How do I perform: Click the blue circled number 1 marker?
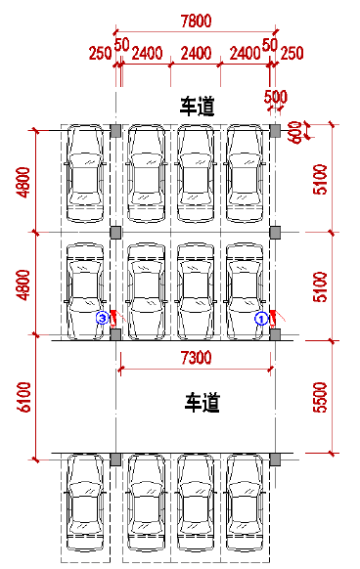pos(261,318)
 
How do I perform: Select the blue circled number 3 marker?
pos(101,318)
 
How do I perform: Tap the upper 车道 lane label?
pos(196,106)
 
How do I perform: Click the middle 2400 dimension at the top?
pos(195,52)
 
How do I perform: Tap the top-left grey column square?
pos(115,130)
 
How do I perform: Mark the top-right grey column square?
pos(275,130)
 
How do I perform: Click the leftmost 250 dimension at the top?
pos(99,52)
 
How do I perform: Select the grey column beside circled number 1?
pos(275,334)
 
